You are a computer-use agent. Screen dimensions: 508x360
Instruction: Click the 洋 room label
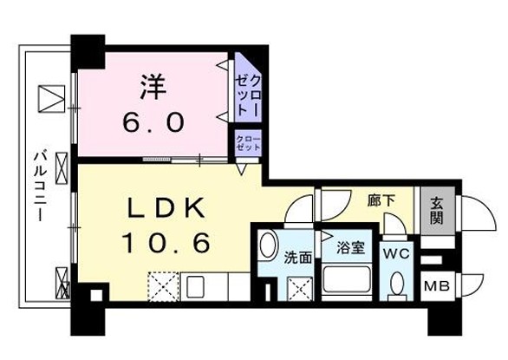pos(153,87)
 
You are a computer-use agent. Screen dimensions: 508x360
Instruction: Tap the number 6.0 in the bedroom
pos(153,122)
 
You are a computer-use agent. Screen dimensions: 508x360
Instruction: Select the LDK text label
pos(166,207)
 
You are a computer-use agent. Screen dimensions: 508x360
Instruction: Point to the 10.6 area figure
pos(166,243)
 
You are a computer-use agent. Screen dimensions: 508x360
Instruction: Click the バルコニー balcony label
pos(41,185)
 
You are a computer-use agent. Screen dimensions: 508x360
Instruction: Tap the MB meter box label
pos(437,286)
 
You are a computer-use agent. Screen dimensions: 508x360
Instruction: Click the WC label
pos(396,253)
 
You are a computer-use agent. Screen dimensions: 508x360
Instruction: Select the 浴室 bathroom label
pos(351,248)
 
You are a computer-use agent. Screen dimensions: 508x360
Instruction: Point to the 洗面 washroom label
pos(298,258)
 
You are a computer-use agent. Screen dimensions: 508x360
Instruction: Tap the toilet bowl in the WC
pos(397,285)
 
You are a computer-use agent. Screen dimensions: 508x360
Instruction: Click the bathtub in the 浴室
pos(347,279)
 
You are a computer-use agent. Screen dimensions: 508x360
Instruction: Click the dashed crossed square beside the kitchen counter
pos(164,287)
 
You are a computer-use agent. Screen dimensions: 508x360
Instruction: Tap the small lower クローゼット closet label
pos(248,143)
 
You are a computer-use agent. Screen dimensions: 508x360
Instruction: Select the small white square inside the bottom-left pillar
pos(96,295)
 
